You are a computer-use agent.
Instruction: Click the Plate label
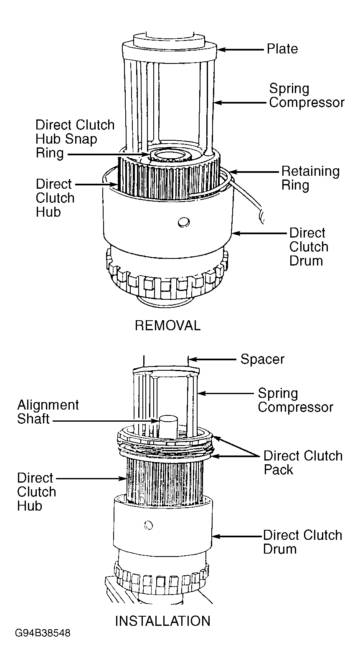[x=282, y=49]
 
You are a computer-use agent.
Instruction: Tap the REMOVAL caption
[x=167, y=325]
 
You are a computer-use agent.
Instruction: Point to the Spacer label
[x=262, y=359]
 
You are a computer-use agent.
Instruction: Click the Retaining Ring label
[x=310, y=178]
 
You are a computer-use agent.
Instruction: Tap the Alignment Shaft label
[x=48, y=412]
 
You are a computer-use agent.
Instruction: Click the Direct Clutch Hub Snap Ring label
[x=75, y=139]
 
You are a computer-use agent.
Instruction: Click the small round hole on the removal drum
[x=183, y=222]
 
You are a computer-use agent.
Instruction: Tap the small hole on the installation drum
[x=148, y=525]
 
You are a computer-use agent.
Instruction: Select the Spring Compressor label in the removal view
[x=307, y=96]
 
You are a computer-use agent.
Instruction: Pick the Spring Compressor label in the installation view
[x=295, y=400]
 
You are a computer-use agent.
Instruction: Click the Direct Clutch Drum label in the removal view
[x=309, y=247]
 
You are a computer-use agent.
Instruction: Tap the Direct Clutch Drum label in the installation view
[x=302, y=542]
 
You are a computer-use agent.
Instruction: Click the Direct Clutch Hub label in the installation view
[x=36, y=492]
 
